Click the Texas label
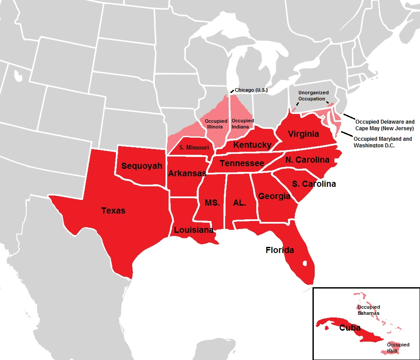tap(113, 211)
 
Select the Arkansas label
tap(187, 174)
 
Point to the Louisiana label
tap(194, 230)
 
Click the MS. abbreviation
tap(212, 203)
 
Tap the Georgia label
tap(274, 196)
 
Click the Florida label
tap(280, 250)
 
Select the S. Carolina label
tap(313, 184)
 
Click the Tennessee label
tap(242, 164)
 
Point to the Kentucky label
tap(252, 145)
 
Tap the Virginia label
tap(303, 134)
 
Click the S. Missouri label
tap(194, 148)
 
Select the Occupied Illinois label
tap(215, 124)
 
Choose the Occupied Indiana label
tap(243, 123)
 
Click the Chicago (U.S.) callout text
tap(251, 90)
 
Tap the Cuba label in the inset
tap(350, 328)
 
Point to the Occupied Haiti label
tap(398, 348)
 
